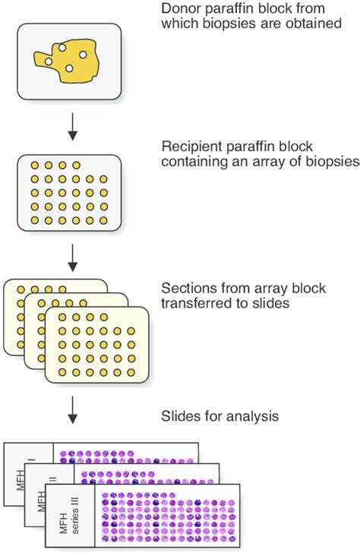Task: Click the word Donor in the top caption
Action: [x=178, y=9]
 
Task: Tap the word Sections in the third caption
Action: [x=185, y=289]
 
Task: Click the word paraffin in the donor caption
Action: [x=234, y=9]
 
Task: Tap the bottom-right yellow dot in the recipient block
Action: [x=103, y=220]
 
